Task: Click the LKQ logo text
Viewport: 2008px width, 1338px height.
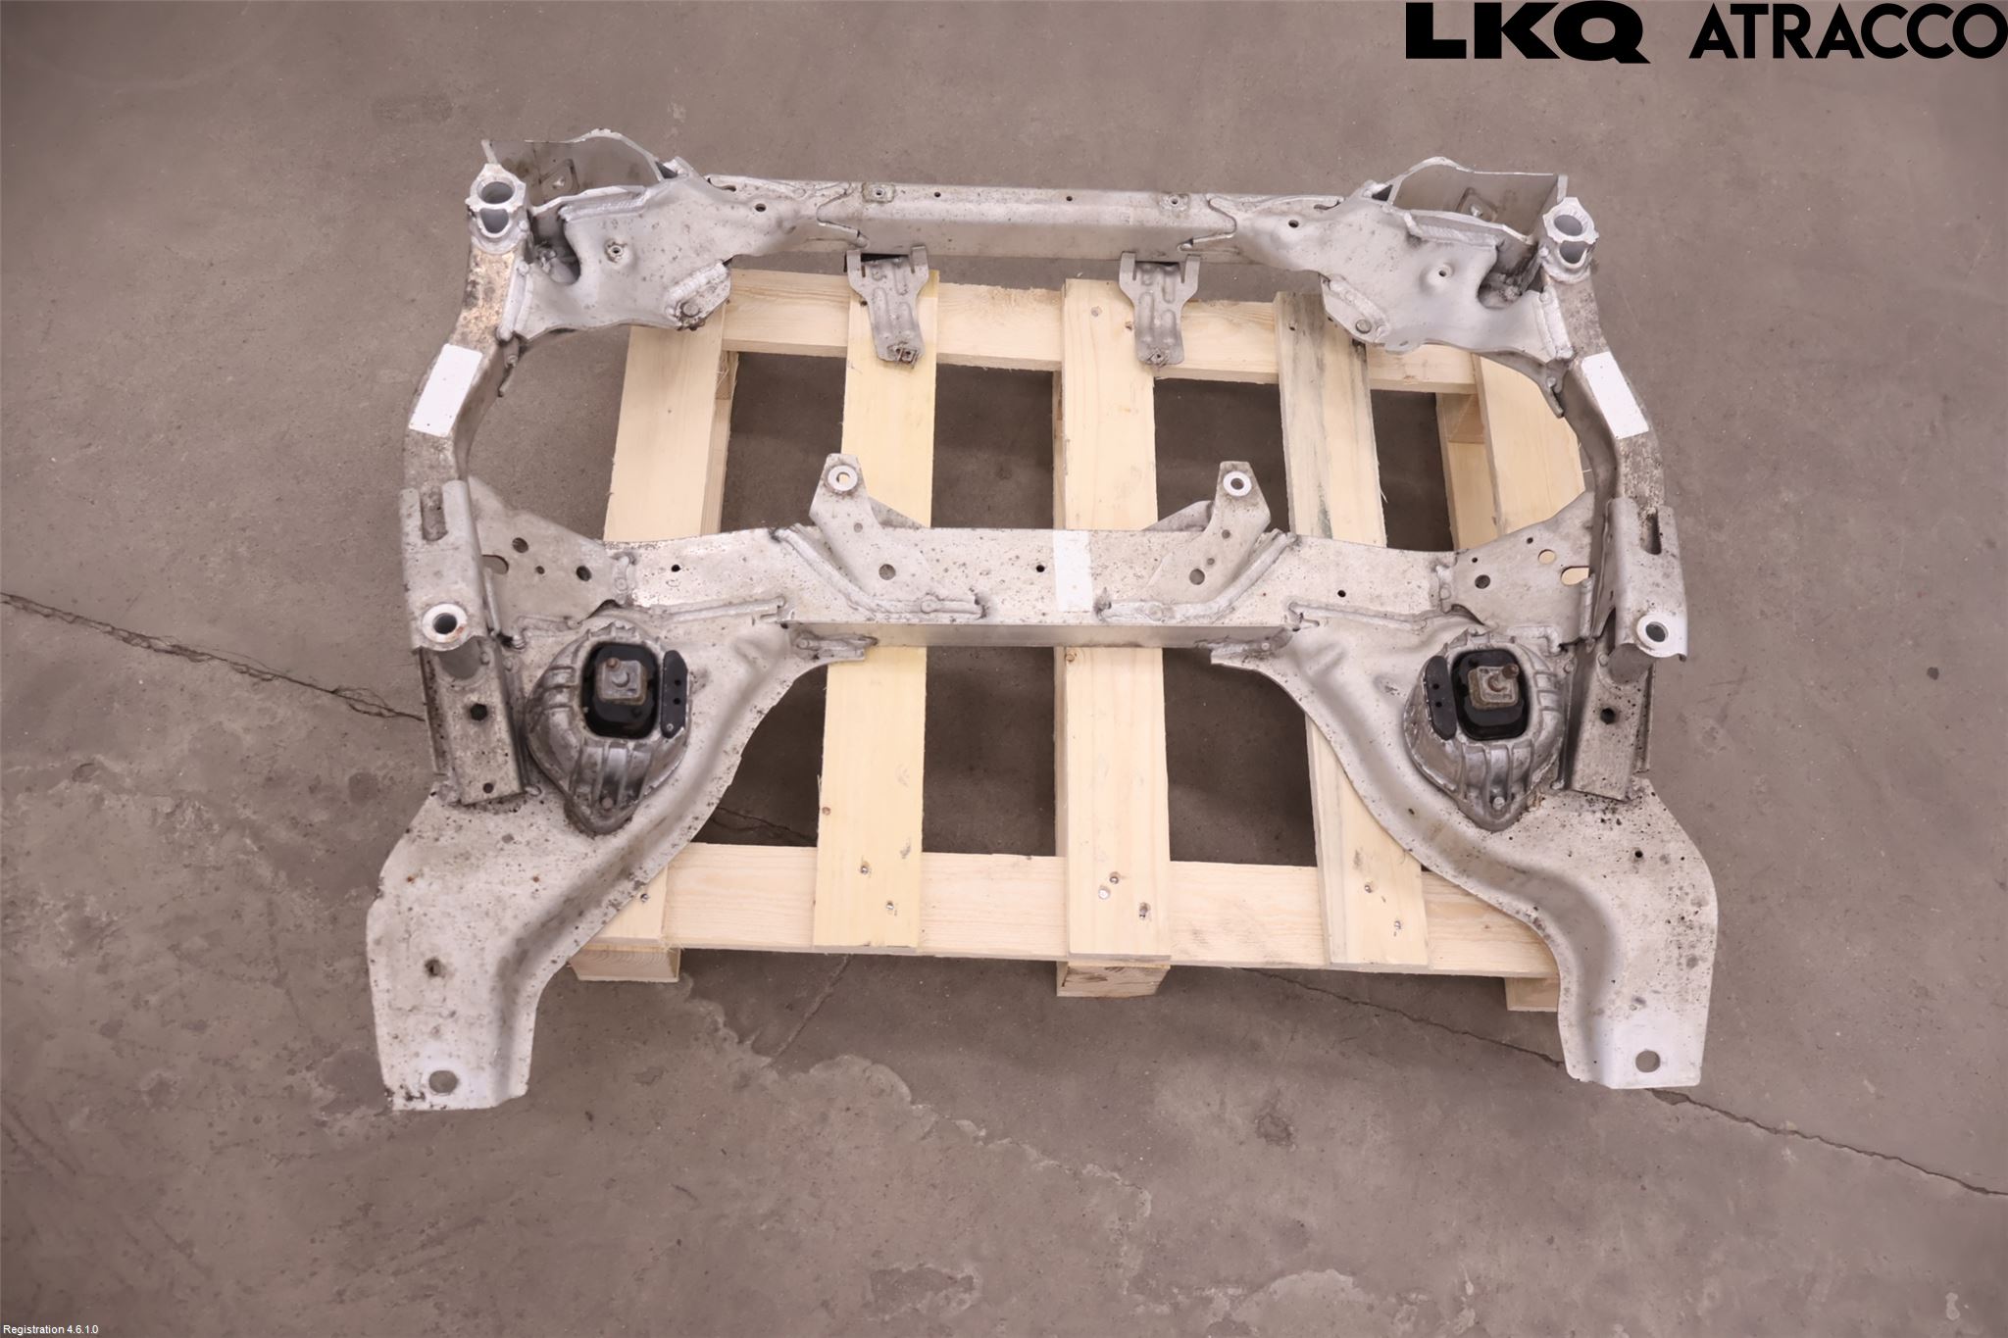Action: [1526, 33]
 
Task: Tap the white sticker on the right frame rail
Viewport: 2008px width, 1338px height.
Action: [1613, 396]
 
